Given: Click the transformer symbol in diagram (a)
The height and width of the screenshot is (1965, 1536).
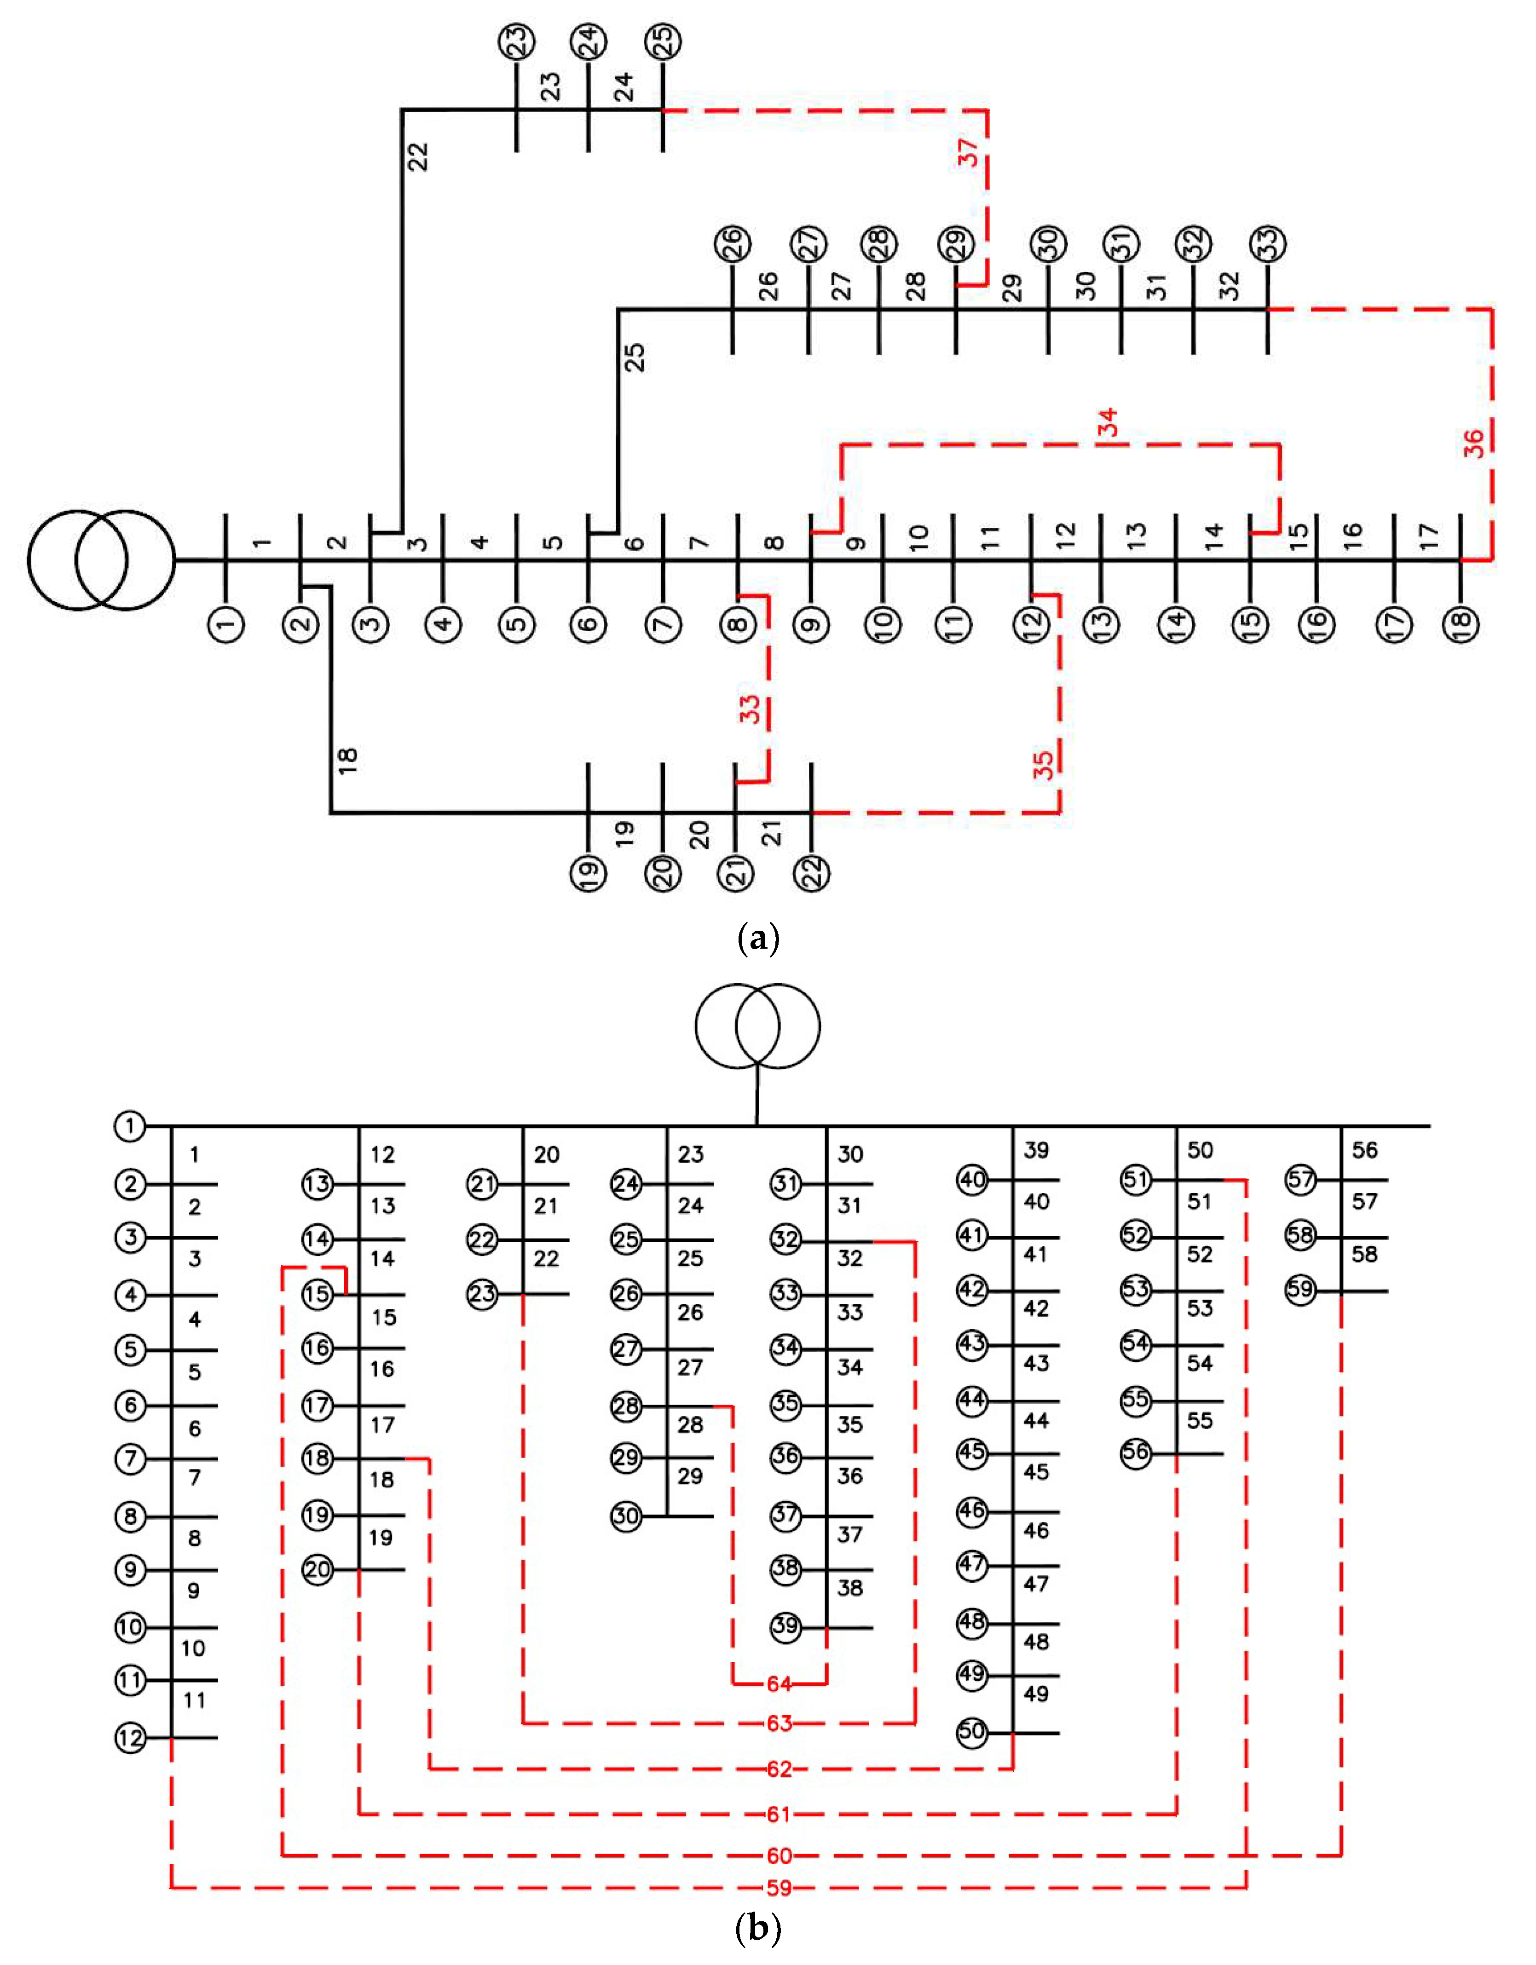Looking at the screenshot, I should tap(101, 560).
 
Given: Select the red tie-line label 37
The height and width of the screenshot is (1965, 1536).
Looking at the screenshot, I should tap(968, 153).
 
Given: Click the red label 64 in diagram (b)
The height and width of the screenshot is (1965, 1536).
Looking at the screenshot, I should tap(779, 1683).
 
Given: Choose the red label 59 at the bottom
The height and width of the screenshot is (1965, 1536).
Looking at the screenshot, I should tap(779, 1888).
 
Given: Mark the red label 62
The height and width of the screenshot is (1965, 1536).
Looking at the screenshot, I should tap(779, 1769).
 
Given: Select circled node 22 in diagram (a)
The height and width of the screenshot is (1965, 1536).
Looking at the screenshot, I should tap(813, 873).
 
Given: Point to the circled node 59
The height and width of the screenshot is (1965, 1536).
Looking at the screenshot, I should tap(1300, 1289).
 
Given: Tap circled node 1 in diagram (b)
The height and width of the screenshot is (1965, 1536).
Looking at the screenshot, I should tap(131, 1125).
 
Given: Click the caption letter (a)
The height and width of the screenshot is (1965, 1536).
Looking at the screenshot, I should tap(758, 939).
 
